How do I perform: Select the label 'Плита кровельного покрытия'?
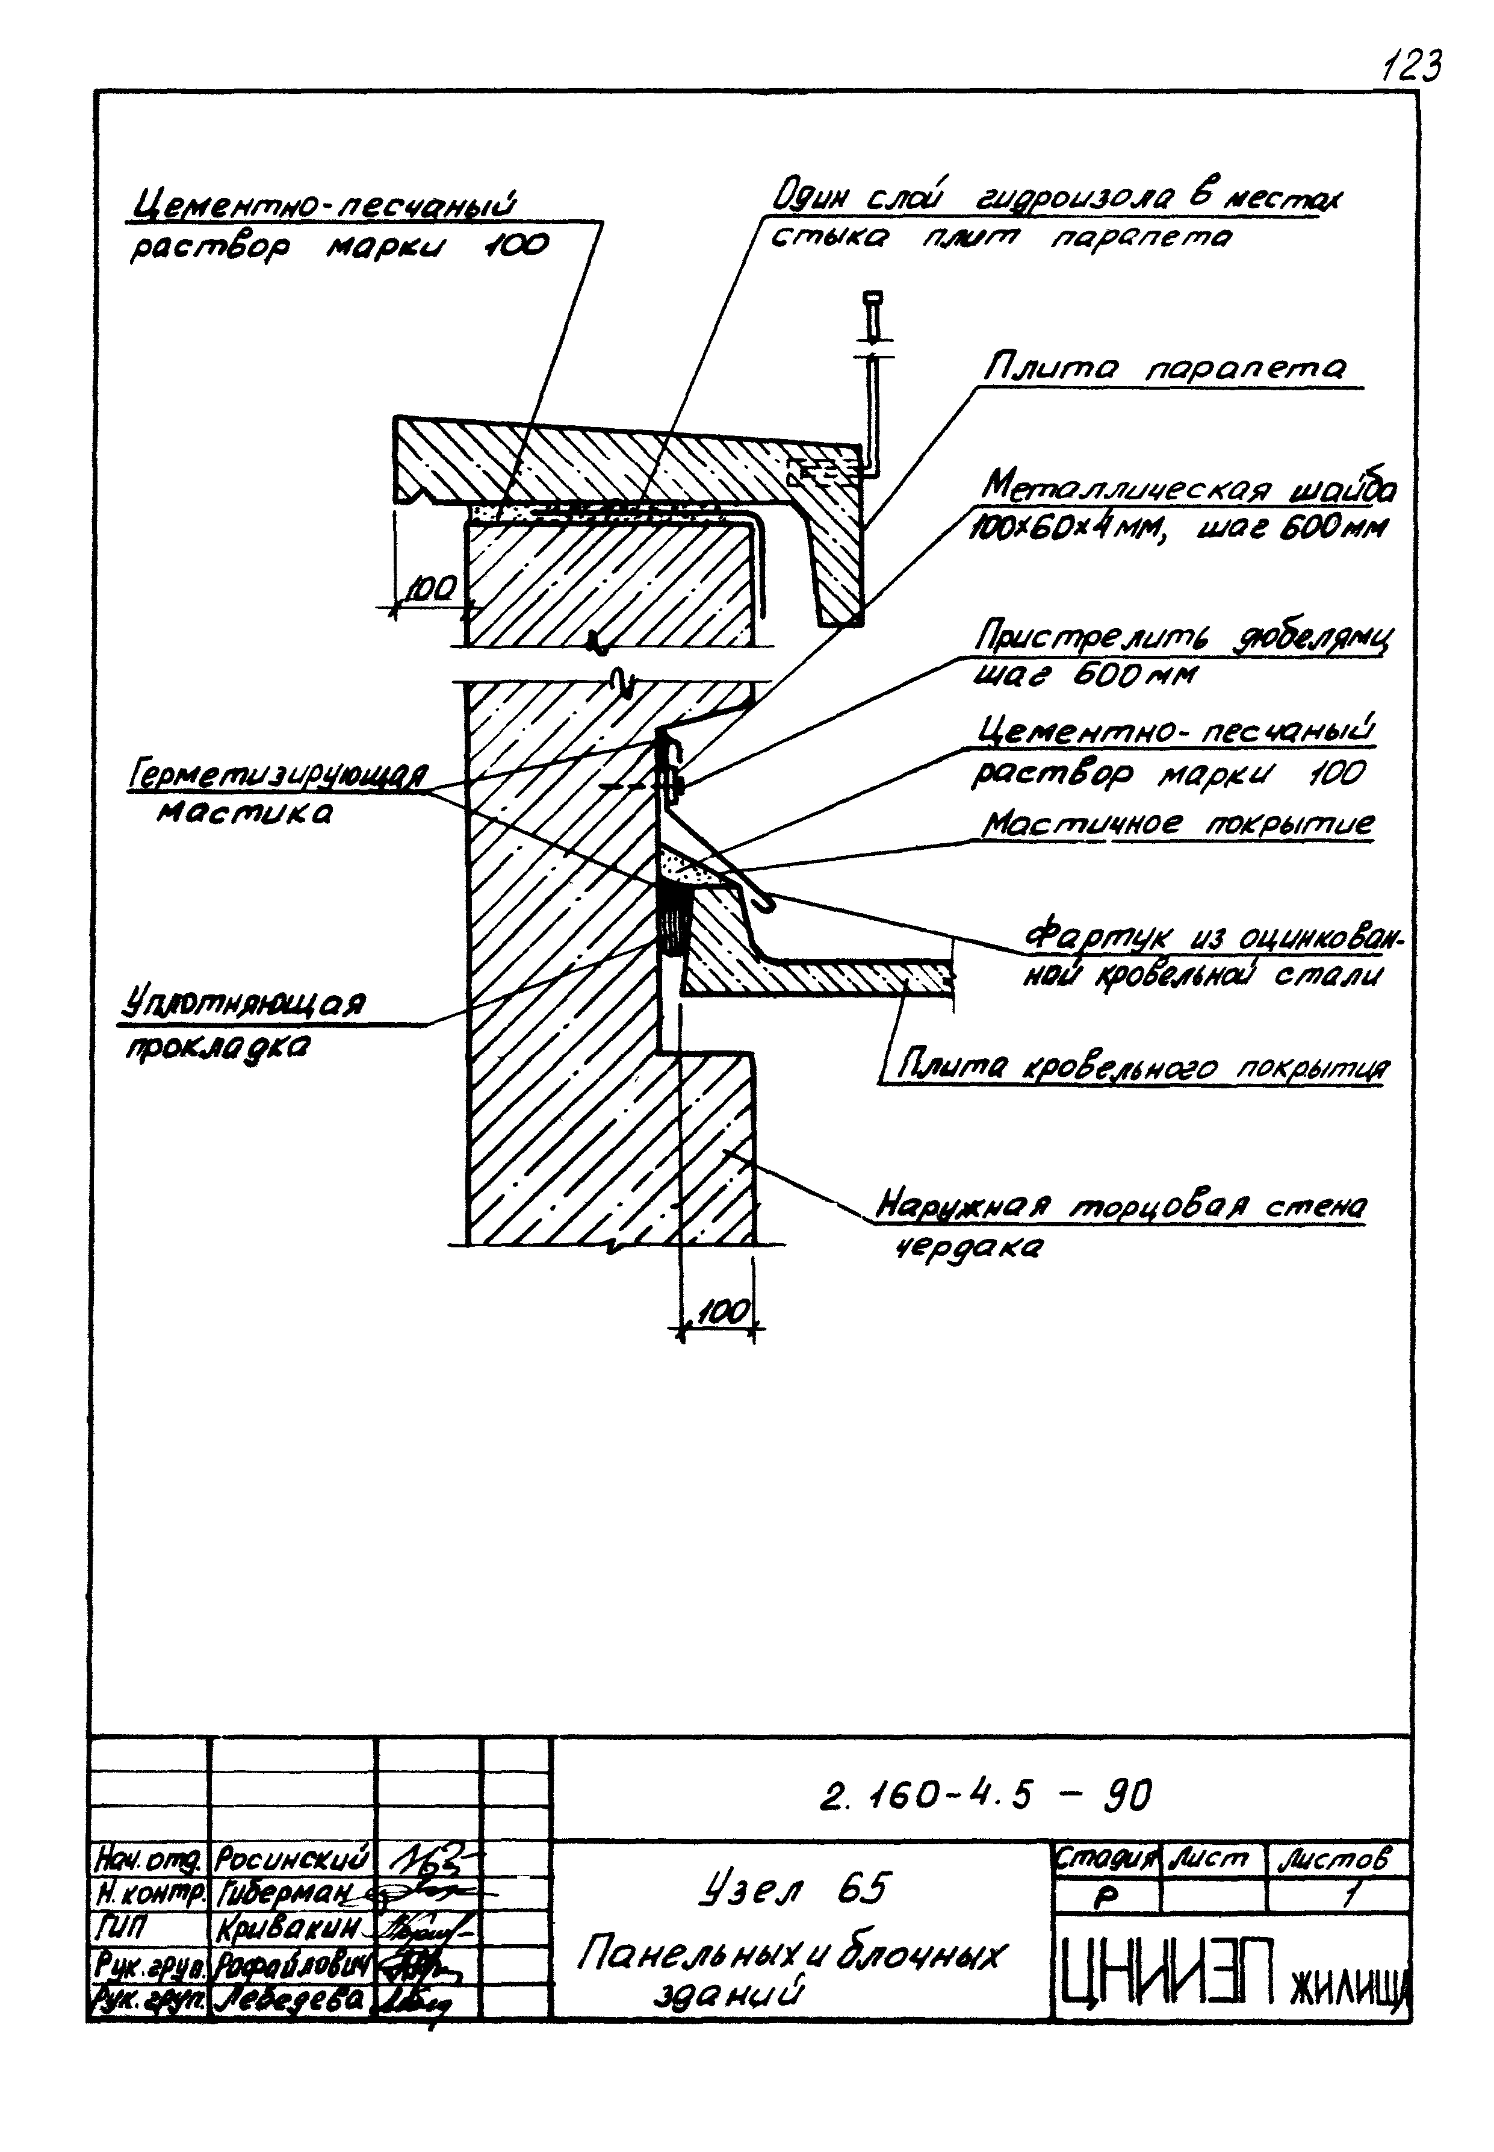point(1142,1068)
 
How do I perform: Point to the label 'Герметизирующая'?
point(279,775)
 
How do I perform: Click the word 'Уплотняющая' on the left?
point(245,1005)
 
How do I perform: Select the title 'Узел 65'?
point(796,1888)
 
